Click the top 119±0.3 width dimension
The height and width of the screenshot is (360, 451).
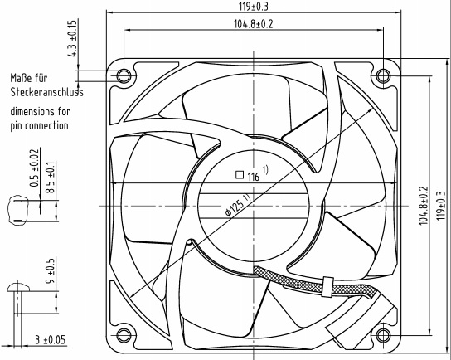point(254,7)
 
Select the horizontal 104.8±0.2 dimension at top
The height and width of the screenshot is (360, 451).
point(253,24)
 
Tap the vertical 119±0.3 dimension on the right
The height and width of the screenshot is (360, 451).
point(442,206)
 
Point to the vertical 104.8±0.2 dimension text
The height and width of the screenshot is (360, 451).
point(424,206)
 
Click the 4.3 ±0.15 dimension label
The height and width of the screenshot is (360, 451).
point(73,38)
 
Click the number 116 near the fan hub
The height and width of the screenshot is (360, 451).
point(254,177)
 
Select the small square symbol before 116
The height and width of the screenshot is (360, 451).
point(240,175)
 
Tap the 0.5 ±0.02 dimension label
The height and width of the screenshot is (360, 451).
point(35,168)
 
